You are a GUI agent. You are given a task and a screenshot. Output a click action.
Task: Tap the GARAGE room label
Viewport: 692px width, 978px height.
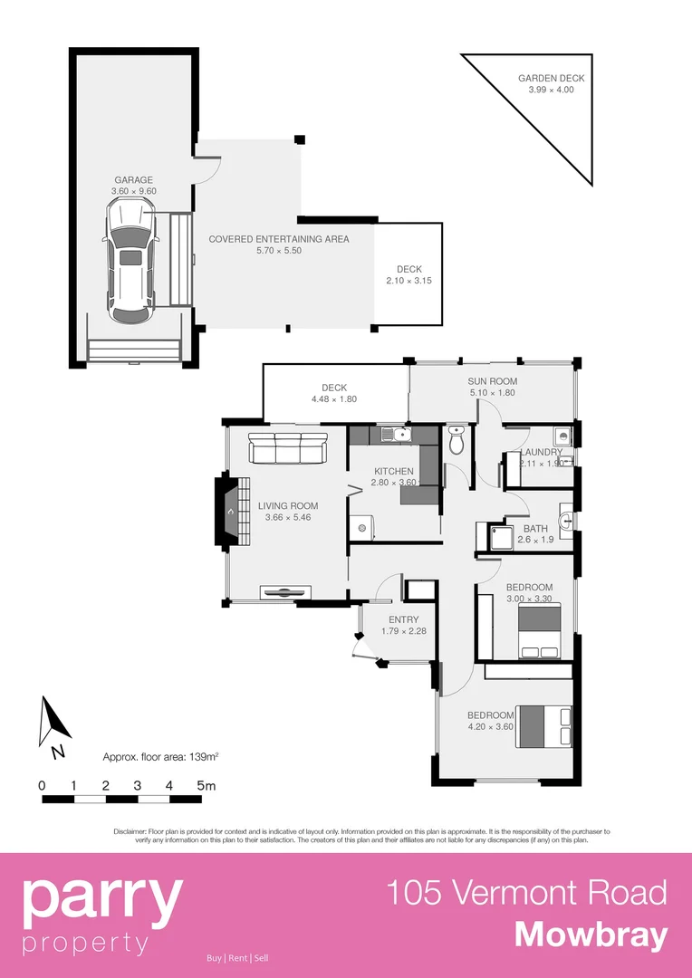(133, 180)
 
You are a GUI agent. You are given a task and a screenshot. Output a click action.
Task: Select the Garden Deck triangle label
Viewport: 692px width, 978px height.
(545, 79)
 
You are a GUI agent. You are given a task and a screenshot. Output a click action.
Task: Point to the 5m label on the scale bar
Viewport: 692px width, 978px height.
(207, 785)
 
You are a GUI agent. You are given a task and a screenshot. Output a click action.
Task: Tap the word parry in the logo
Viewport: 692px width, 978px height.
(101, 896)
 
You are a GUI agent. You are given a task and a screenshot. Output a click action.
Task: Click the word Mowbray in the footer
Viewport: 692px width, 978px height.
(591, 934)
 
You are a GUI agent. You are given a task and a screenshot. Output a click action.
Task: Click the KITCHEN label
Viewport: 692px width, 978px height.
(394, 471)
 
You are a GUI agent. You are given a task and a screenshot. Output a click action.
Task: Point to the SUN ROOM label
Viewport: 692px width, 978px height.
(492, 381)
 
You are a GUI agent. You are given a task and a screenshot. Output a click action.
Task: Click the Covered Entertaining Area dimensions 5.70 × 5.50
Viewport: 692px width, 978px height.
(278, 251)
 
